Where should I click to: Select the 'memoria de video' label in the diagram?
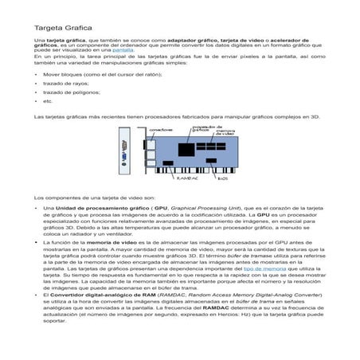point(227,131)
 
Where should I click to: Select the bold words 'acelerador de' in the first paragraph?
point(302,39)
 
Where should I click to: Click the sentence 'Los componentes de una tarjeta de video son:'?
point(88,195)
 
